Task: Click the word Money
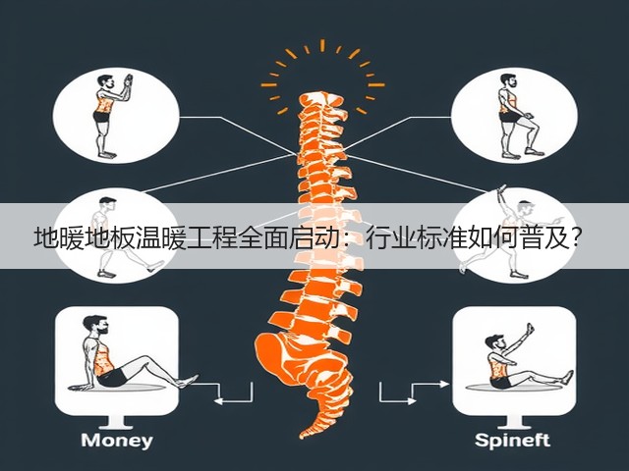pos(117,441)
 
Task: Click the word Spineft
pos(512,441)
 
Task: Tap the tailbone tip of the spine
pos(304,435)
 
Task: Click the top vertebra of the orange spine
pos(321,99)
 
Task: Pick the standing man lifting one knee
pos(518,116)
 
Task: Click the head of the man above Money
pos(96,325)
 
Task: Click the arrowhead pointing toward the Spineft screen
pos(444,384)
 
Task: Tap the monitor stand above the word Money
pos(116,421)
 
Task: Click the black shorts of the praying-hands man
pos(101,117)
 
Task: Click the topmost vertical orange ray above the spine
pos(322,46)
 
